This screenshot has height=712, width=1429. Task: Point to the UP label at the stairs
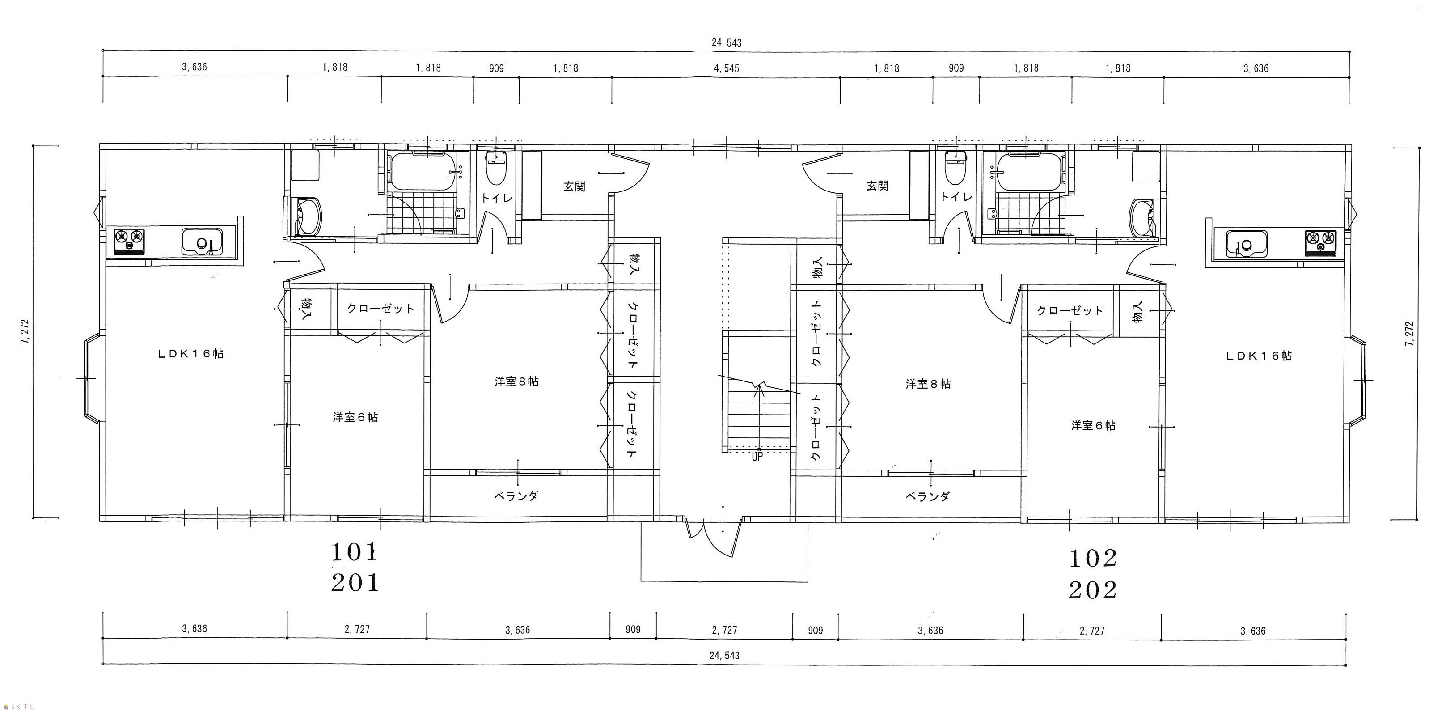[x=757, y=457]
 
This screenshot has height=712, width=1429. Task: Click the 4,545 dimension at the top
[x=726, y=68]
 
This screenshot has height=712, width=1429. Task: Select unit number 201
[x=355, y=583]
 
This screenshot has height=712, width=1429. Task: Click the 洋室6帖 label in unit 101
[x=355, y=417]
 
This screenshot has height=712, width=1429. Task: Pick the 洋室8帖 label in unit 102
[x=928, y=383]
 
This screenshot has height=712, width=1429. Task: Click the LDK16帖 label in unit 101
[x=190, y=353]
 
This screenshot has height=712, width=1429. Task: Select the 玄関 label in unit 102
[x=877, y=186]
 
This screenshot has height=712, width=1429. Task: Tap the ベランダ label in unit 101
[x=516, y=496]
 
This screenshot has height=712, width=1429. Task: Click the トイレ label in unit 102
[x=956, y=196]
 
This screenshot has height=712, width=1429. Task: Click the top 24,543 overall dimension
[x=726, y=43]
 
